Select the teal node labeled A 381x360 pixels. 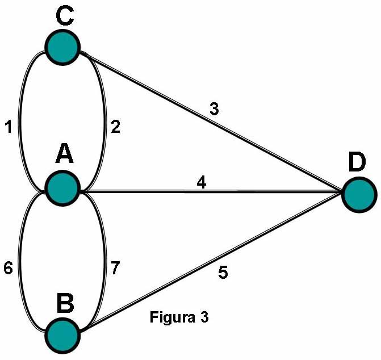pyautogui.click(x=64, y=189)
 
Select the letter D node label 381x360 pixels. pyautogui.click(x=357, y=163)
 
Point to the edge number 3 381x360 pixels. pyautogui.click(x=214, y=110)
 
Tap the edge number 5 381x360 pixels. pyautogui.click(x=223, y=273)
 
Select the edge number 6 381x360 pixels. pyautogui.click(x=8, y=267)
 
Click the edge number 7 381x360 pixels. pyautogui.click(x=116, y=267)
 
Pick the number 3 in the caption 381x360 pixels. pyautogui.click(x=204, y=317)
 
